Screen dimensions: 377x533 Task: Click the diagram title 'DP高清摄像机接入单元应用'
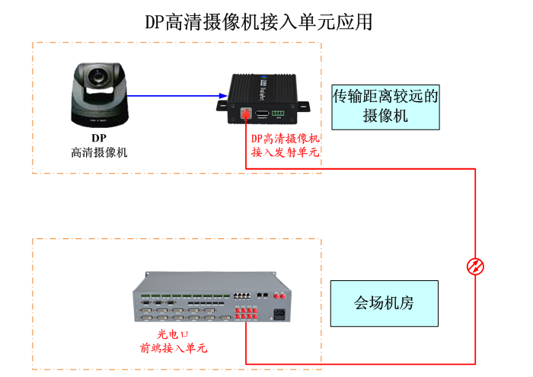pyautogui.click(x=259, y=22)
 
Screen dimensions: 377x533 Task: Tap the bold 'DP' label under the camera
pyautogui.click(x=99, y=138)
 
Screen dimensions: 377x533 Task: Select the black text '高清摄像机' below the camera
pyautogui.click(x=99, y=152)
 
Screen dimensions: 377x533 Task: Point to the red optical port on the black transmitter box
pyautogui.click(x=245, y=113)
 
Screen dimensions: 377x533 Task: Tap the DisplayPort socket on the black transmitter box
pyautogui.click(x=263, y=113)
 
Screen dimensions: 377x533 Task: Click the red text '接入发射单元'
pyautogui.click(x=286, y=152)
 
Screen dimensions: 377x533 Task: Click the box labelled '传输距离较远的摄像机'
pyautogui.click(x=386, y=107)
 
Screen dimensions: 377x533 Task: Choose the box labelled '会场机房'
pyautogui.click(x=384, y=303)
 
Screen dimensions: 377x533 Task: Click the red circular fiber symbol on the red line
pyautogui.click(x=476, y=266)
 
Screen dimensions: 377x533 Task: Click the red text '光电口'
pyautogui.click(x=173, y=334)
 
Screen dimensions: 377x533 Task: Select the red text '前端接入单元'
pyautogui.click(x=173, y=348)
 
